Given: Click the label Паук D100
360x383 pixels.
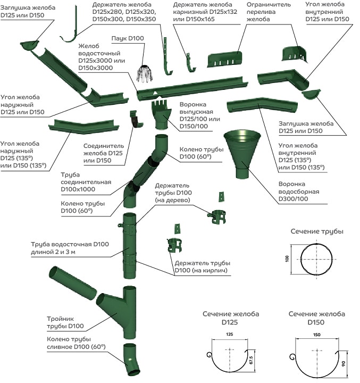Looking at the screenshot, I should pos(128,39).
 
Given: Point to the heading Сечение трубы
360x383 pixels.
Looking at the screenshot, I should pos(317,232).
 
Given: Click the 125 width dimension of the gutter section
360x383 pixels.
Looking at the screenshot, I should pos(229,335).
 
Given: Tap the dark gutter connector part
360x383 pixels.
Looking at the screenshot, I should pos(136,120).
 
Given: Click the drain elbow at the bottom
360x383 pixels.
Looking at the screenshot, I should pos(130,360).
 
